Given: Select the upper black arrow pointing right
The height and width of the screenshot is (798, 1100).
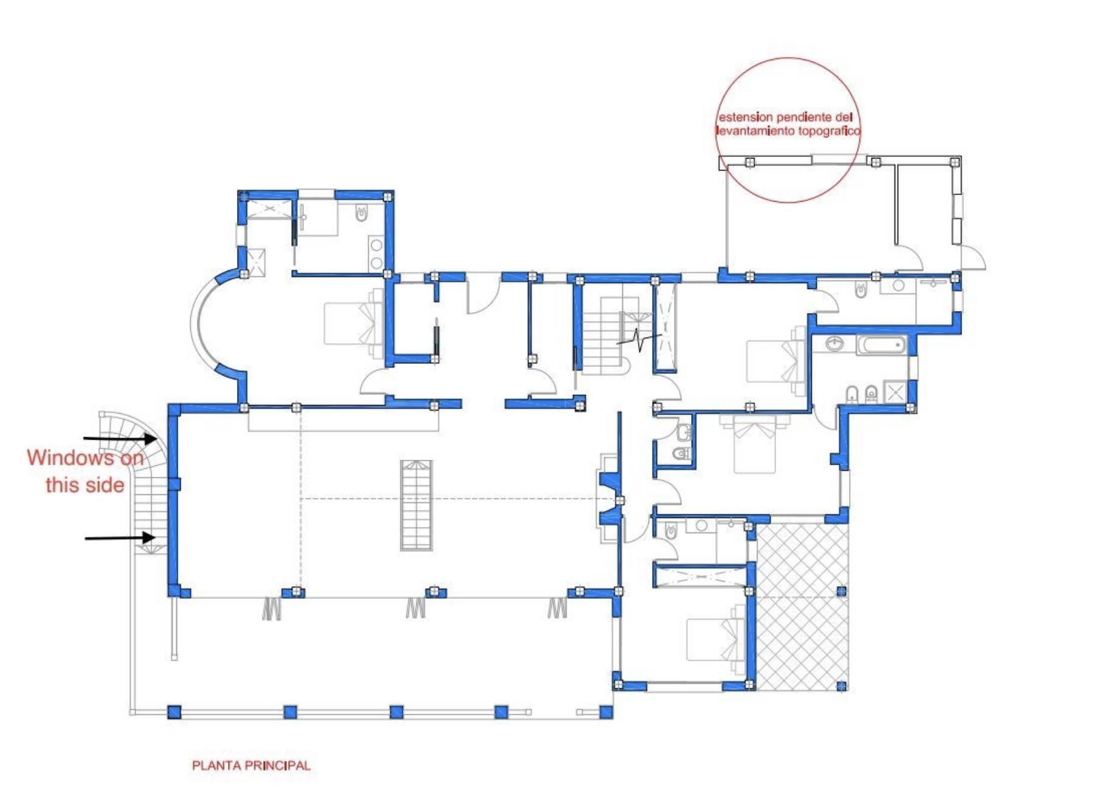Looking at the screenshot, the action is pos(120,438).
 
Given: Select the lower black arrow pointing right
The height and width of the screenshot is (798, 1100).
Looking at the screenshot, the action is pos(120,537).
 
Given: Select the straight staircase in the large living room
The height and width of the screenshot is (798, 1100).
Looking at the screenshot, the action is pos(416,505).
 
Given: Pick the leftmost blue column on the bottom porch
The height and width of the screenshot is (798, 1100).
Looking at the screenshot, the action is pos(174,712).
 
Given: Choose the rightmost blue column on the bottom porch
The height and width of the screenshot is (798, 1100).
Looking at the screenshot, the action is pos(606,712).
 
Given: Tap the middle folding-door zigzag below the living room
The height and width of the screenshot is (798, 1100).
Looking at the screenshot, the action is pos(416,608).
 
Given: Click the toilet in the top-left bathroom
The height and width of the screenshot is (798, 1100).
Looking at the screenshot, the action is pos(362,213).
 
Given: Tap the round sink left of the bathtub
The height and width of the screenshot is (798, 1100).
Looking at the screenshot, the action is pos(836,344).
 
